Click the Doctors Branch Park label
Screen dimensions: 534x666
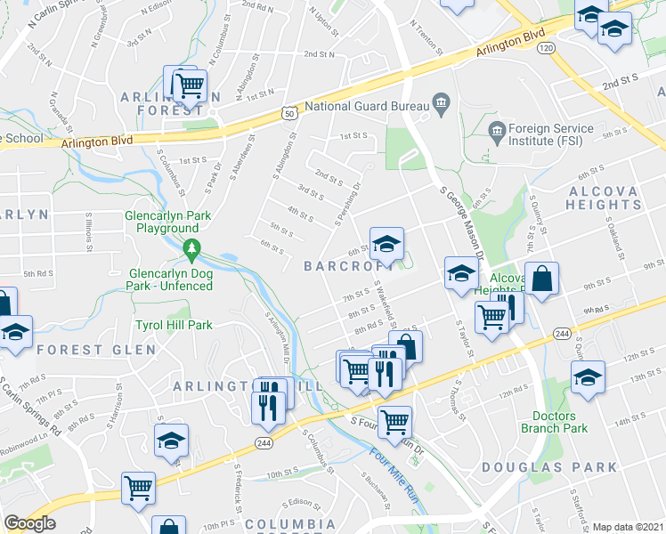[x=560, y=422]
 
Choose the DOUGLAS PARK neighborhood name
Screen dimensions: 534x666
[x=549, y=467]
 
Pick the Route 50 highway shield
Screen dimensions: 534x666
[x=288, y=112]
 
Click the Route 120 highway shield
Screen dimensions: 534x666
[x=546, y=46]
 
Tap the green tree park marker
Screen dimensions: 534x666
[x=190, y=247]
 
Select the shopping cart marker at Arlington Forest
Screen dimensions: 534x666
[x=189, y=85]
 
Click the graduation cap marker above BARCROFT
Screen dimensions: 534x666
[x=386, y=243]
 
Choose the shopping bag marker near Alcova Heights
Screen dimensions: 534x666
[x=541, y=279]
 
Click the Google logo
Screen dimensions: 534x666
[x=29, y=523]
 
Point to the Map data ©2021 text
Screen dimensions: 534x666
[x=629, y=527]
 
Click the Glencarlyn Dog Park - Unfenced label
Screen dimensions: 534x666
[x=171, y=279]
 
